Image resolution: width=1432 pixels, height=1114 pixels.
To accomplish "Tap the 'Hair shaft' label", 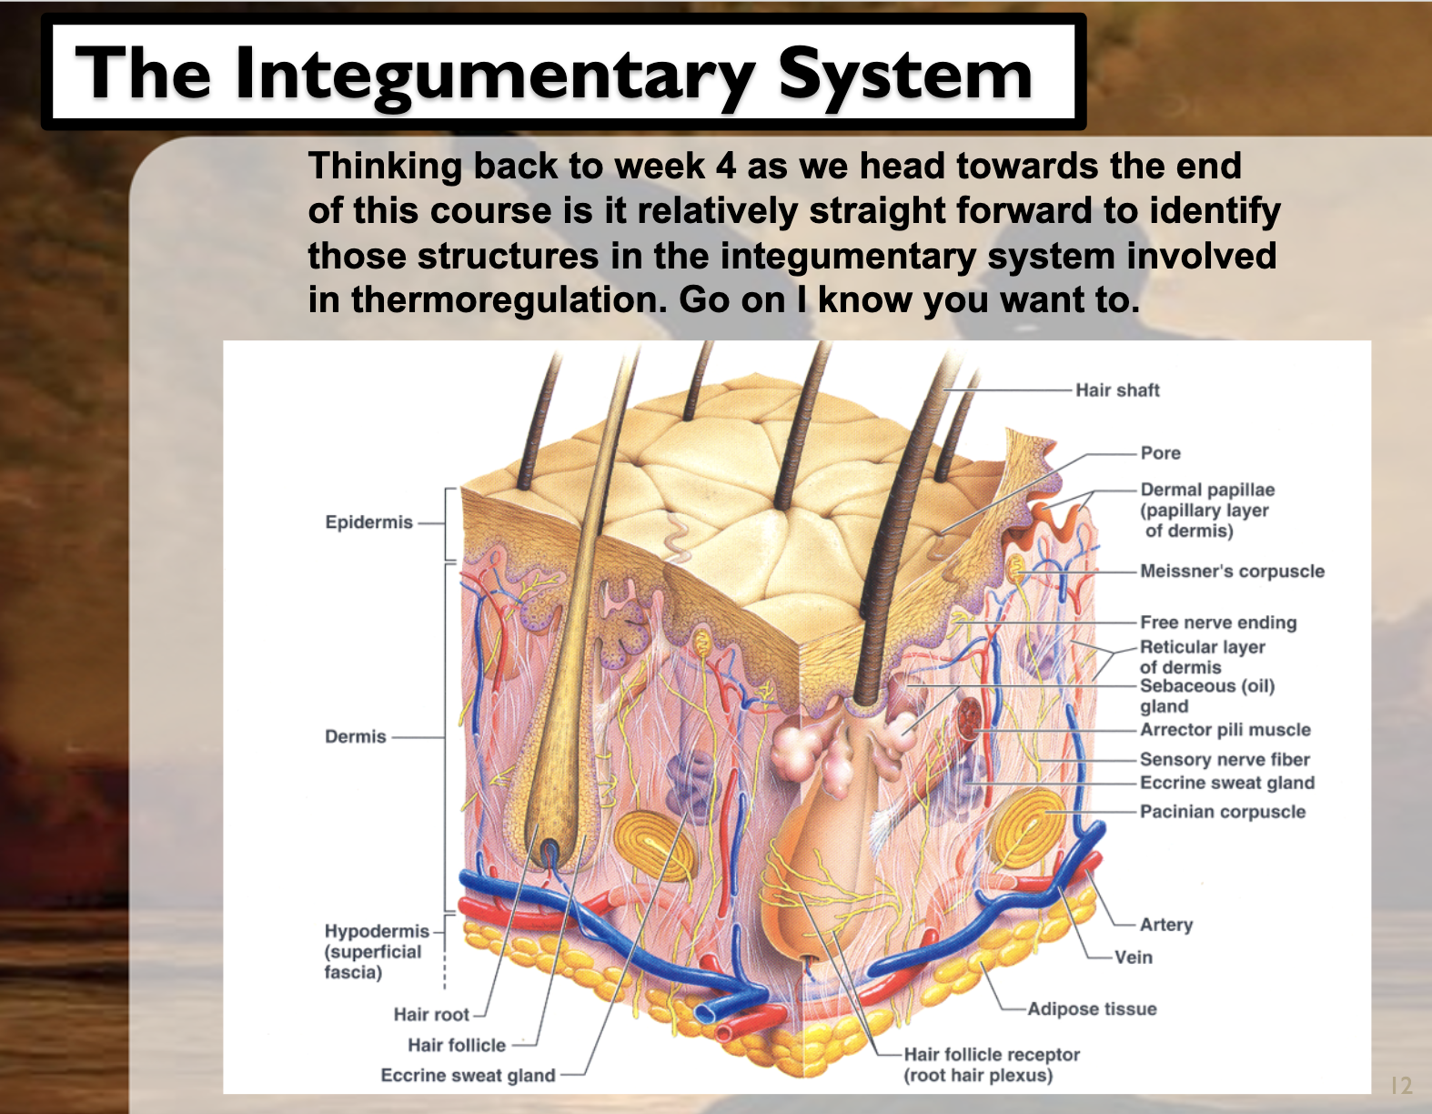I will coord(1117,390).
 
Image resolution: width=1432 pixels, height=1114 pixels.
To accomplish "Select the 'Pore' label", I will coord(1160,453).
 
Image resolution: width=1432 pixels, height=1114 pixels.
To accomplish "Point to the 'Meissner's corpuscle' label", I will coord(1232,572).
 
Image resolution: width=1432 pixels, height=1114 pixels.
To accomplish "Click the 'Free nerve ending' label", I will coord(1218,623).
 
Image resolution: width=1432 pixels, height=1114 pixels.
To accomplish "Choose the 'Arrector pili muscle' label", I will coord(1225,730).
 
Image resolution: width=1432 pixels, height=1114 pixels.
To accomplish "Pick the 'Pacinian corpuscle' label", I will coord(1223,812).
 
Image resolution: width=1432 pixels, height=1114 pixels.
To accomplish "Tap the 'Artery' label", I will coord(1166,925).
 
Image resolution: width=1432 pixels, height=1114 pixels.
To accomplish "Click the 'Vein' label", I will coord(1134,957).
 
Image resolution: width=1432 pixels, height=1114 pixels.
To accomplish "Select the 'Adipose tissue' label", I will coord(1092,1009).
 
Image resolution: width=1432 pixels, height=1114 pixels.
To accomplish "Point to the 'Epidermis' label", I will coord(368,522).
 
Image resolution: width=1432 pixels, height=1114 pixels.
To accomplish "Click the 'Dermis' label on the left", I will coord(356,736).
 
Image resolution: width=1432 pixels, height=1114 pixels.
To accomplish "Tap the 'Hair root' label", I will coord(431,1015).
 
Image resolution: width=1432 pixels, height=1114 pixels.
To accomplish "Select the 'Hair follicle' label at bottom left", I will coord(456,1046).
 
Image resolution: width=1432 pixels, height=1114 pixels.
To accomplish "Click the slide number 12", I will coord(1401,1085).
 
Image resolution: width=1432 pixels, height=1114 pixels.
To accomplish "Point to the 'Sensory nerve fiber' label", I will coord(1225,760).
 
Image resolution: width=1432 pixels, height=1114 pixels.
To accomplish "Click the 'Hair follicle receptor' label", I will coord(992,1055).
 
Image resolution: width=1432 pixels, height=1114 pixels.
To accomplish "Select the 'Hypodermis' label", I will coord(376,932).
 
